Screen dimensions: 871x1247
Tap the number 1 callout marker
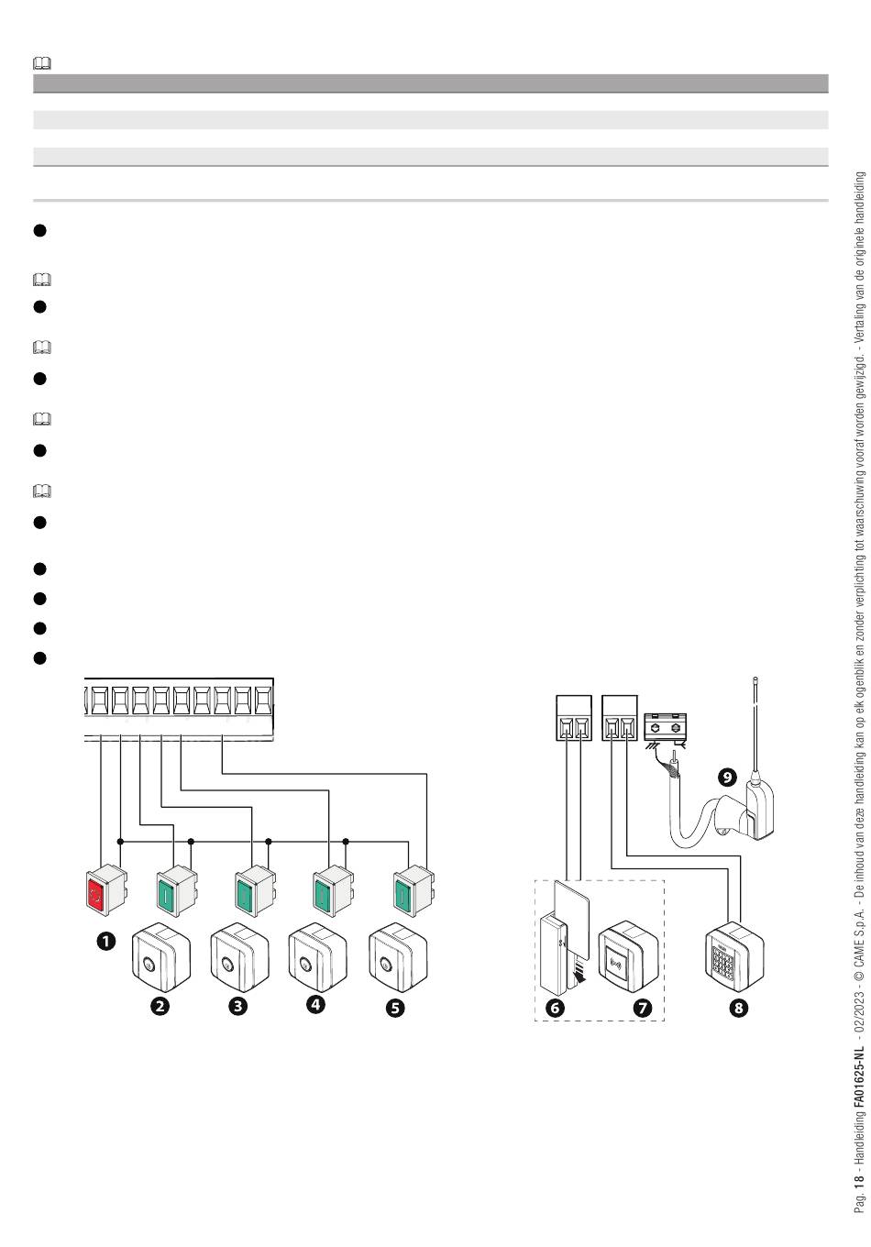(105, 942)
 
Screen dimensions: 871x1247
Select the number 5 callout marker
(395, 1008)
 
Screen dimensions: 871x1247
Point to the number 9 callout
(727, 777)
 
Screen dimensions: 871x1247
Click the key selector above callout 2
(160, 957)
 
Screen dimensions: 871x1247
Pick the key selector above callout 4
(317, 957)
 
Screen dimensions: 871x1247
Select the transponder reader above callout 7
(628, 955)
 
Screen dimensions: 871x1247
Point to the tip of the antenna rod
(755, 679)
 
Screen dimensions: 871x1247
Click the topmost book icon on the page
(42, 63)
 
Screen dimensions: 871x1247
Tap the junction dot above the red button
(120, 841)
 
